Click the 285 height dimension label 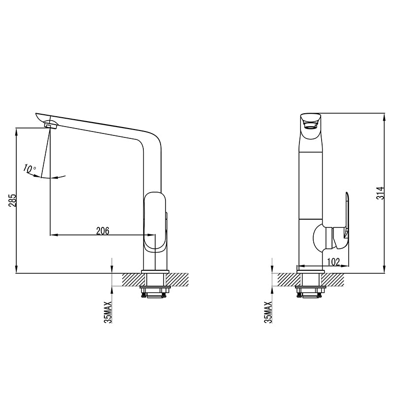13,200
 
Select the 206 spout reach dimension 102,230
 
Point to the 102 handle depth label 333,262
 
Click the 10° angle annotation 30,169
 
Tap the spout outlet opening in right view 311,122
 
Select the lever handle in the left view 155,222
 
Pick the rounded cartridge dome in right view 319,237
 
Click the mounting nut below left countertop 155,293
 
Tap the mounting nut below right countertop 310,293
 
